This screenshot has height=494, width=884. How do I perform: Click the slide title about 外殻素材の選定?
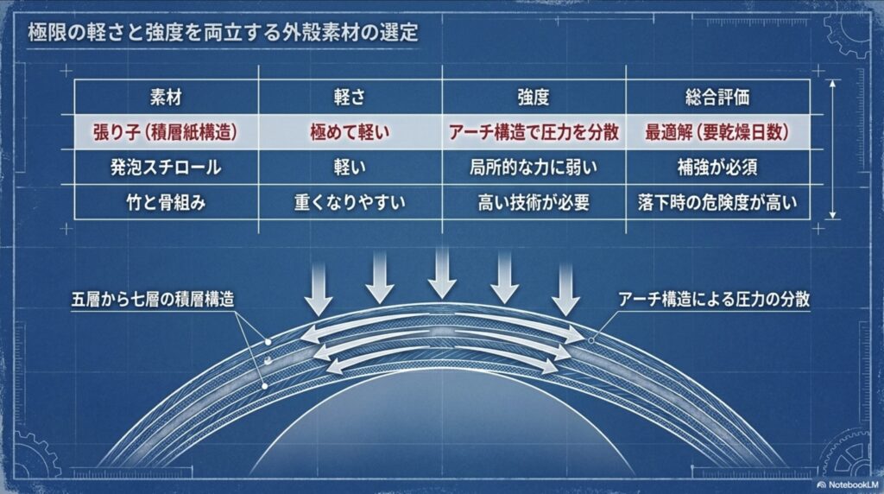pos(223,34)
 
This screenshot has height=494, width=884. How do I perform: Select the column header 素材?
pos(164,98)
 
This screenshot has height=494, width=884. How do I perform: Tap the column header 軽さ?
pos(350,98)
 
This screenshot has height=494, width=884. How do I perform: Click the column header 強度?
pos(534,98)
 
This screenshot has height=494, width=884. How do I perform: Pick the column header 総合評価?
pos(717,98)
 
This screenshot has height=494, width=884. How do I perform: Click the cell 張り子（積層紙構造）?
pos(164,133)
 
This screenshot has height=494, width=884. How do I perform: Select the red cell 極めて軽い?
pos(350,133)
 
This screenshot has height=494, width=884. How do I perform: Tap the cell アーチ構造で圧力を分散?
pos(534,133)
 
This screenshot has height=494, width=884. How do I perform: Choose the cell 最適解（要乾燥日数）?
pos(717,133)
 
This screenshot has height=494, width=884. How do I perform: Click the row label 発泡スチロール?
pos(164,168)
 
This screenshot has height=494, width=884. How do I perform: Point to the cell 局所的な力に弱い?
pos(534,168)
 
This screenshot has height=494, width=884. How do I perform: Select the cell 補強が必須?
pos(717,168)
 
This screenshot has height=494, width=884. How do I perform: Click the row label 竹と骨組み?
pos(164,204)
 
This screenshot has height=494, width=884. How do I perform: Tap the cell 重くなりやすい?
pos(350,204)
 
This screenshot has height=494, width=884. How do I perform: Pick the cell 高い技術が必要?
pos(534,204)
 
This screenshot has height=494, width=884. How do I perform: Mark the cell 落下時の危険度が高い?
pos(717,204)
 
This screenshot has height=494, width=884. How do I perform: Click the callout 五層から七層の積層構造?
pos(154,301)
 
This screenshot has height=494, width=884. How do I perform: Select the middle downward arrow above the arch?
pos(442,272)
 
